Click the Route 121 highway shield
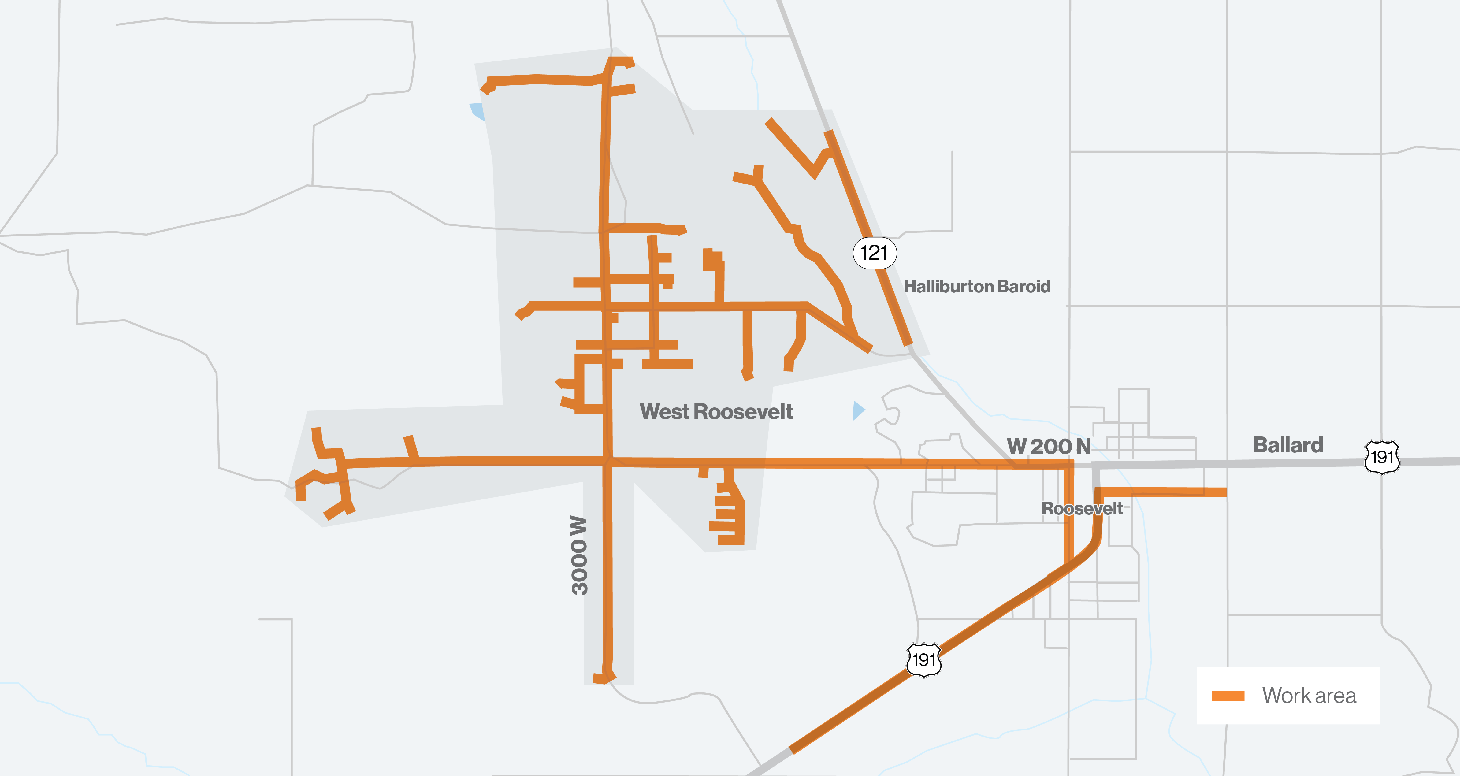pos(875,253)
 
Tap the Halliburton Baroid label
pos(976,286)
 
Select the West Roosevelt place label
pos(716,411)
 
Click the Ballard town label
pos(1288,445)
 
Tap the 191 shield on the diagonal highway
pos(924,659)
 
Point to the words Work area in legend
pos(1309,696)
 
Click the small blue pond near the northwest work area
pos(477,110)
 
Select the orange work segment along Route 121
pos(867,238)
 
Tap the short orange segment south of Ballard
pos(1162,492)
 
